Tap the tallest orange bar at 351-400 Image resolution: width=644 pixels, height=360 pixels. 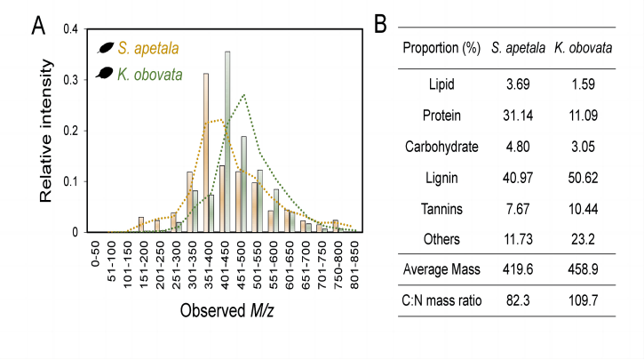[x=206, y=153]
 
